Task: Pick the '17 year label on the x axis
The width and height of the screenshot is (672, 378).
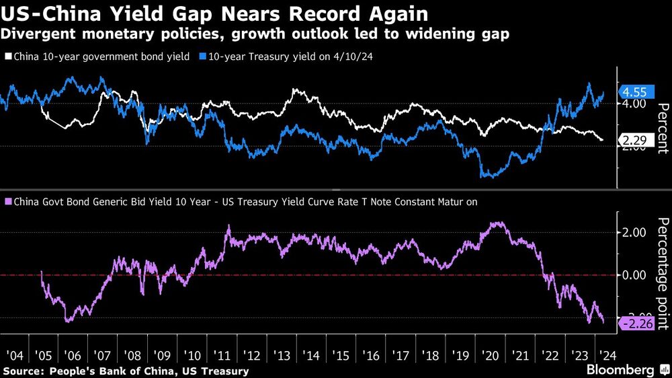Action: coord(401,354)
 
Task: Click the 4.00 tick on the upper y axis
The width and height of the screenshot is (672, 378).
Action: coord(634,104)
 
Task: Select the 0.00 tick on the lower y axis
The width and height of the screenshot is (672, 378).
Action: coord(634,276)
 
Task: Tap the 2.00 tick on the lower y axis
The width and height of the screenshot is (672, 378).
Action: coord(634,233)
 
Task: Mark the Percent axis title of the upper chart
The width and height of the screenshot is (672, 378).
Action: coord(661,131)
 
